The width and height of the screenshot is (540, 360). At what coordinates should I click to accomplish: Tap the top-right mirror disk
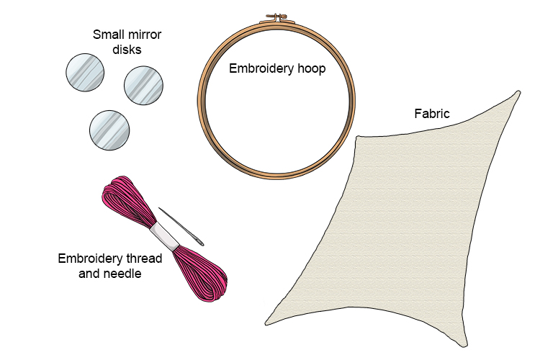[x=145, y=85]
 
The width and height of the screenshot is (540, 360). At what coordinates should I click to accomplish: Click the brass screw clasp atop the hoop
[x=276, y=15]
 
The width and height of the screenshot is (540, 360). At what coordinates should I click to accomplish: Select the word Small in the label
[x=108, y=34]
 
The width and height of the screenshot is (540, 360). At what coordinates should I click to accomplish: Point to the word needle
[x=125, y=273]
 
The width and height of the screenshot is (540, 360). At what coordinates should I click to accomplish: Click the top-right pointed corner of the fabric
[x=519, y=92]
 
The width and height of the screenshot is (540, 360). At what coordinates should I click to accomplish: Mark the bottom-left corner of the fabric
[x=266, y=324]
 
